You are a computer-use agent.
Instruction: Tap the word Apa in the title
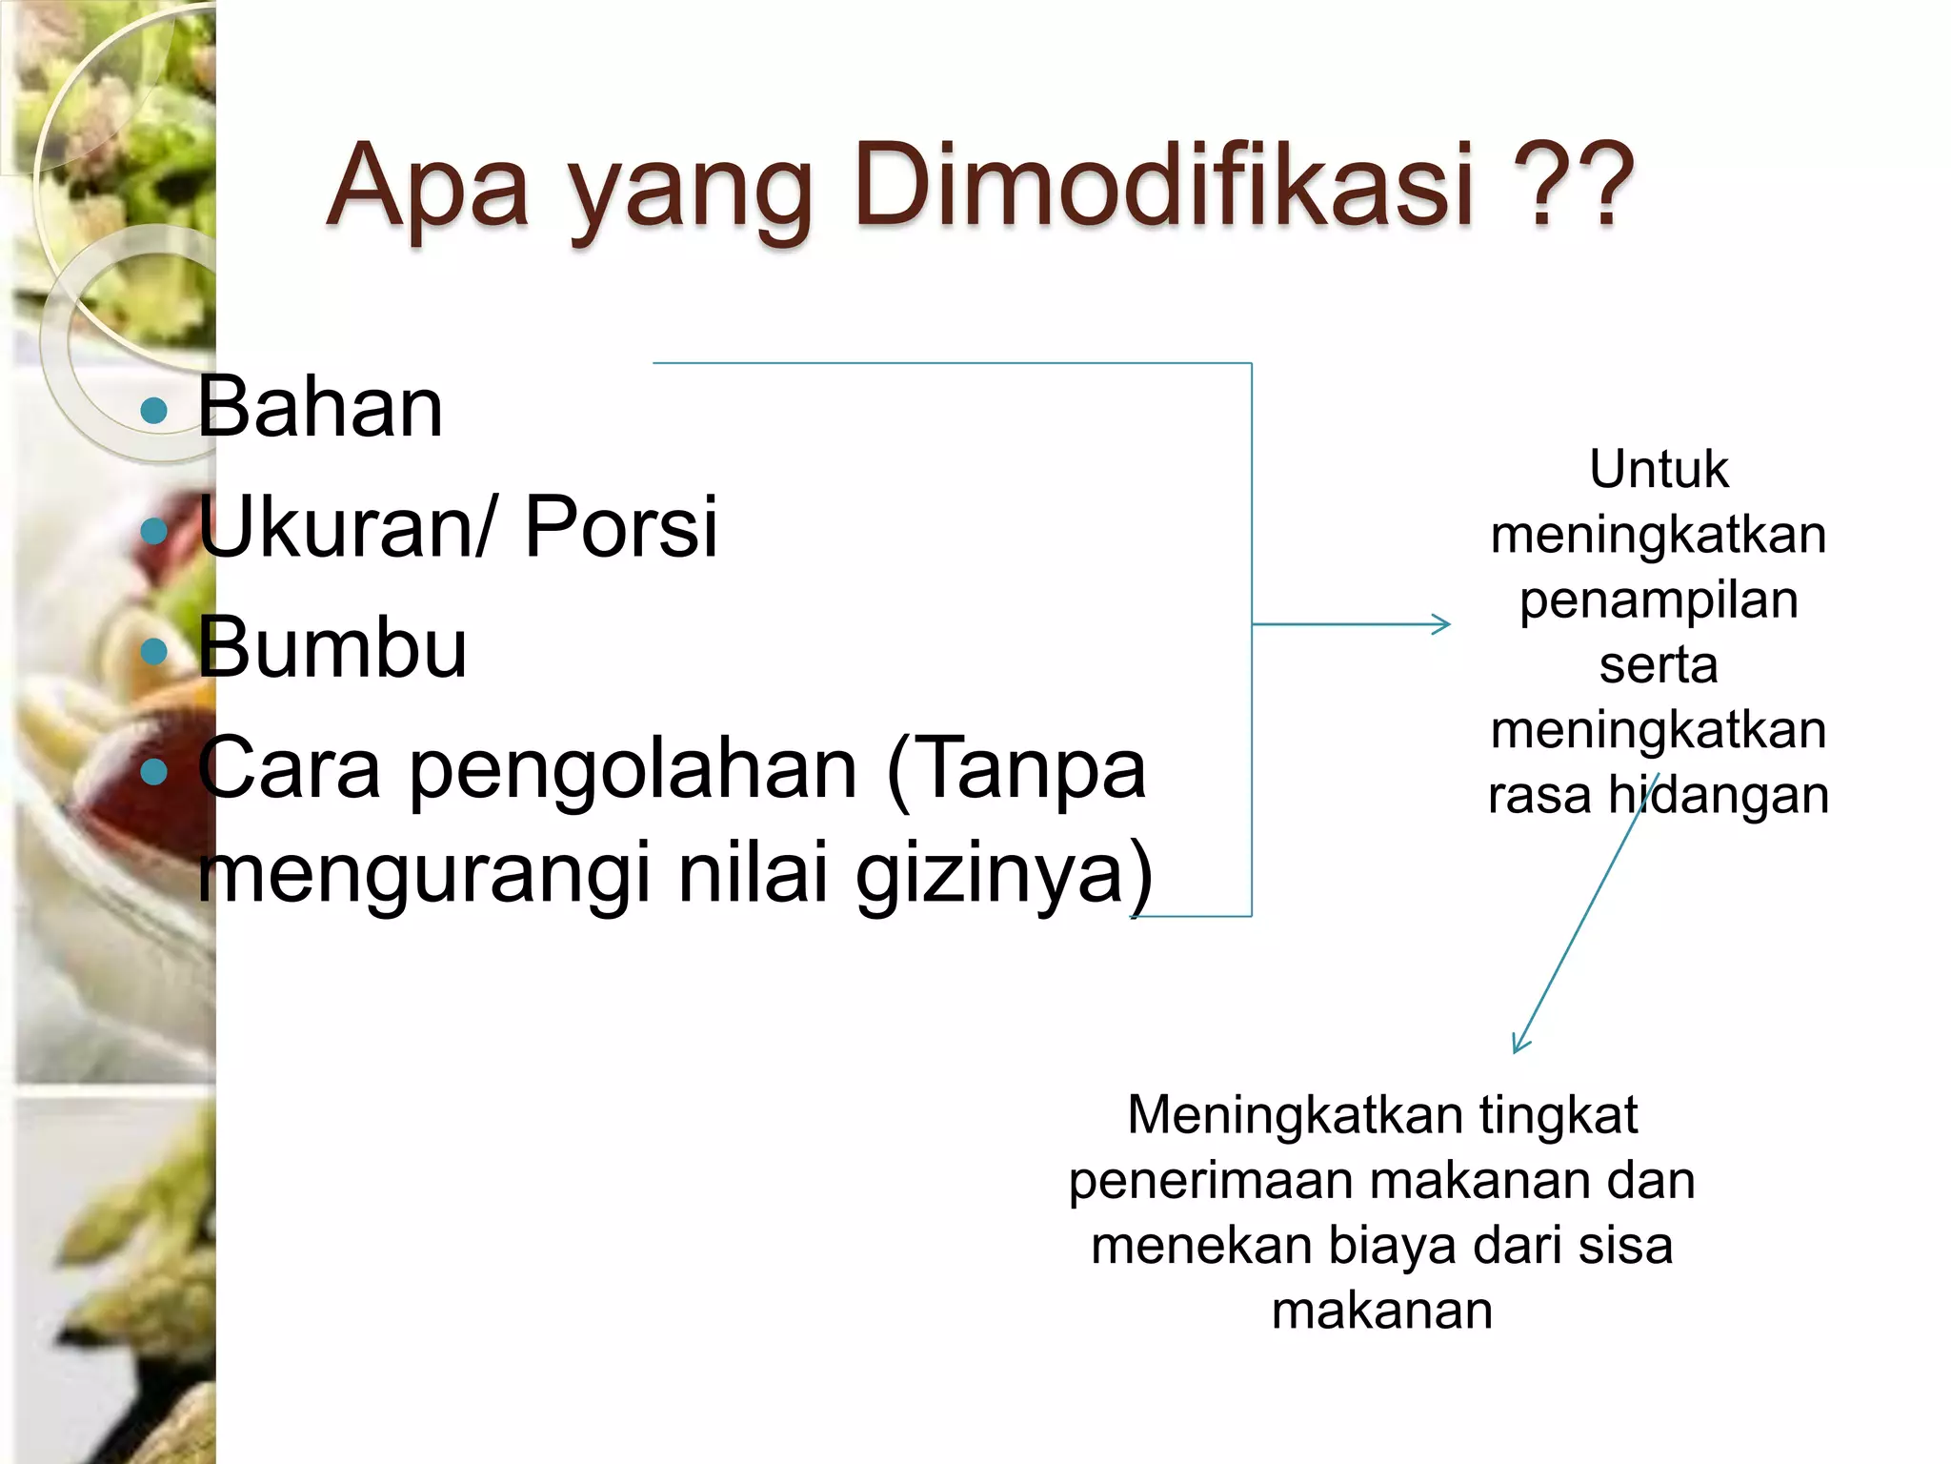(x=428, y=186)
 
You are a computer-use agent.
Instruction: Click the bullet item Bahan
(x=320, y=407)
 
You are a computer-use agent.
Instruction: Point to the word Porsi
(x=620, y=526)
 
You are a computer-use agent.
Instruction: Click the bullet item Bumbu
(x=332, y=647)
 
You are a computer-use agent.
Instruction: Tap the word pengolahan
(x=634, y=770)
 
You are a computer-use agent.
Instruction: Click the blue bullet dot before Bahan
(x=153, y=411)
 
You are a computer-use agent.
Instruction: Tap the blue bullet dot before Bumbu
(x=153, y=652)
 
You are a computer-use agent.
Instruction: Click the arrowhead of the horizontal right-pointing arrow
(x=1443, y=624)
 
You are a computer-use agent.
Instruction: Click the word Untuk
(x=1659, y=469)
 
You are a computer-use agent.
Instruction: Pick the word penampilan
(x=1659, y=600)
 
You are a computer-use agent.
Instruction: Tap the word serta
(x=1659, y=664)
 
